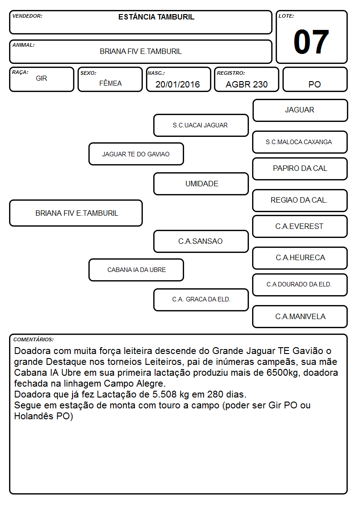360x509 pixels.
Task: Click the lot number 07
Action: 311,42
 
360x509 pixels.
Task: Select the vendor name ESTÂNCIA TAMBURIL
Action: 156,17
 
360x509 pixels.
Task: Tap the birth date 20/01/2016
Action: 178,84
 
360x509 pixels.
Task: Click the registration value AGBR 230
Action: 247,84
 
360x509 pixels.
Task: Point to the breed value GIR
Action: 42,78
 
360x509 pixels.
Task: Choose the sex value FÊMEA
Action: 110,83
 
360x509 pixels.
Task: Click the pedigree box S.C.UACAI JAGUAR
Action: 201,125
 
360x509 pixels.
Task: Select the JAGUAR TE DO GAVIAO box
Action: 136,154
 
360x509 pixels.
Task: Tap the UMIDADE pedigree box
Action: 201,184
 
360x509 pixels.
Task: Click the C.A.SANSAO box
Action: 201,241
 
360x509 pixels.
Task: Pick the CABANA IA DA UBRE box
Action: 136,270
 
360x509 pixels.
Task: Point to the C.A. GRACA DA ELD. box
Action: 201,300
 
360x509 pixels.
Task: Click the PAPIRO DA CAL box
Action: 300,169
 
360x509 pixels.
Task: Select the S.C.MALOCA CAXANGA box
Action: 300,142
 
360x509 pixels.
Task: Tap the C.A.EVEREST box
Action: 300,226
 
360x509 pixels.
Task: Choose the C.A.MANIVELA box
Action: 300,316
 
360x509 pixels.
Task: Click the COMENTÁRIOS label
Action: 34,339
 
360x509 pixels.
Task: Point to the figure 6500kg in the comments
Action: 283,372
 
